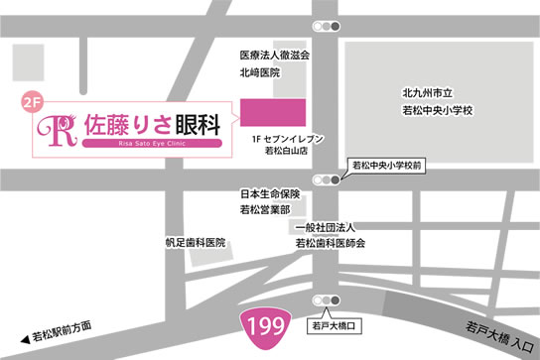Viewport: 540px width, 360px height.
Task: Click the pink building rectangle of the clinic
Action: click(273, 111)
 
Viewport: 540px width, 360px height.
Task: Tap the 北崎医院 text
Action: click(260, 73)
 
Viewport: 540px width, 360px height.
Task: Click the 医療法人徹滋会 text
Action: click(275, 56)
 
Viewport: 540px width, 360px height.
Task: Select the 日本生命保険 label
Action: click(270, 194)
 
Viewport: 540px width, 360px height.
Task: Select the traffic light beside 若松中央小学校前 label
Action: click(326, 180)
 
